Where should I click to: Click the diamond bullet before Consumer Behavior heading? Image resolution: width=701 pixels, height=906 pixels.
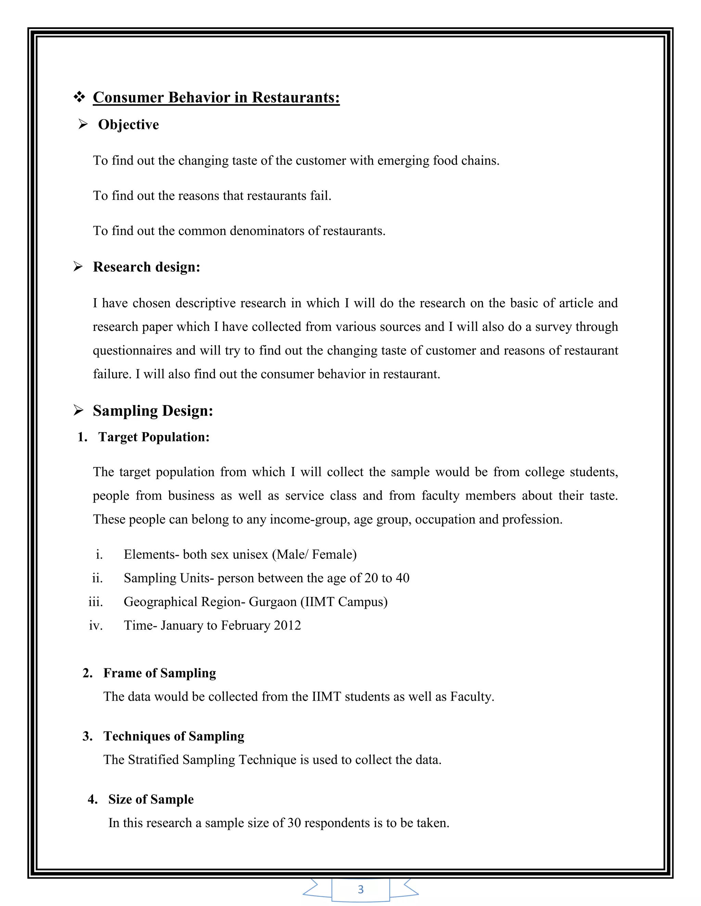79,97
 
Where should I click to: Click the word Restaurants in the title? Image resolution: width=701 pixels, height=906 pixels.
296,97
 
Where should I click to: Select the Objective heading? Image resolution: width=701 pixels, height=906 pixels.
128,124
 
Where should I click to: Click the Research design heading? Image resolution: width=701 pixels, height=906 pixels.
146,267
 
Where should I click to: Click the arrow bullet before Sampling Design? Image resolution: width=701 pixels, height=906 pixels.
78,411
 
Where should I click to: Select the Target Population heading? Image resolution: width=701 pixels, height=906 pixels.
154,437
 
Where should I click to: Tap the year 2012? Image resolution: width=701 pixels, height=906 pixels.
288,625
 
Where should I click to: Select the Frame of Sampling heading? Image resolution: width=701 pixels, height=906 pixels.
160,673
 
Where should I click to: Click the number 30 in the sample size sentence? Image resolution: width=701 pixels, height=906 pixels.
294,823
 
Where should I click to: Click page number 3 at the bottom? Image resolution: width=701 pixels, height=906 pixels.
360,889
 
